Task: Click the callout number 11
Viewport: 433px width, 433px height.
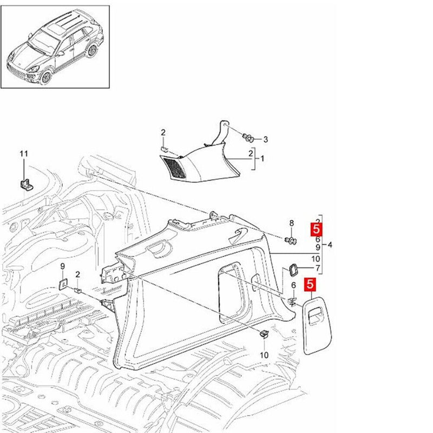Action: pos(23,154)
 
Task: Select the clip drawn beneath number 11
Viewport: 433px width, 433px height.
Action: pos(25,182)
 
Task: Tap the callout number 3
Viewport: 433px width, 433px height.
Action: pos(265,139)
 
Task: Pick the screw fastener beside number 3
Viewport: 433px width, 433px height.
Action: pos(249,137)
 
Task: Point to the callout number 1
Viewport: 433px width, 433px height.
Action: pos(263,159)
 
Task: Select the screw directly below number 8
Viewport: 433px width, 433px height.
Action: pos(291,240)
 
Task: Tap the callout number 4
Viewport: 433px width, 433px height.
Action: pos(330,245)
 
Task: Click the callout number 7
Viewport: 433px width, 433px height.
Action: pos(318,268)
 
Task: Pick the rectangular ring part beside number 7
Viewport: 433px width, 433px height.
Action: pos(294,269)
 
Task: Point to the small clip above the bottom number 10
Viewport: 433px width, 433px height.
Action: pos(264,334)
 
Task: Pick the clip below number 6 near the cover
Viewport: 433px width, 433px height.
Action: pos(293,301)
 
